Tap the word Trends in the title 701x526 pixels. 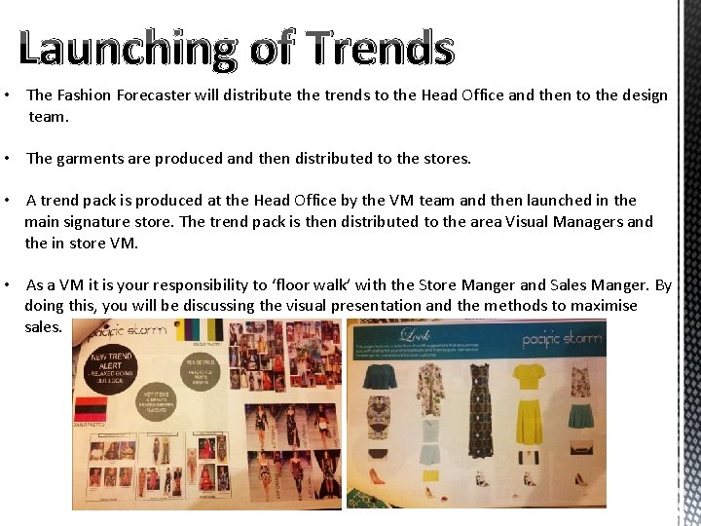(x=379, y=49)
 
